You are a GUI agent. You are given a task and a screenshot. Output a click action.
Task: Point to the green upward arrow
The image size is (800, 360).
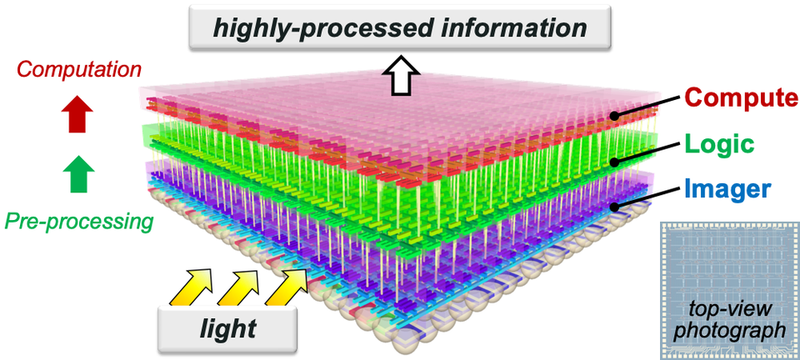point(79,173)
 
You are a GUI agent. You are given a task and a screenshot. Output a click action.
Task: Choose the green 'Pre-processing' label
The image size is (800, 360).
point(79,222)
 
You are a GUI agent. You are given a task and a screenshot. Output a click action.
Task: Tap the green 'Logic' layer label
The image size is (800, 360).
point(720,144)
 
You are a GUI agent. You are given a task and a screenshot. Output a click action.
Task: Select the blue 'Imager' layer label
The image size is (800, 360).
point(728,188)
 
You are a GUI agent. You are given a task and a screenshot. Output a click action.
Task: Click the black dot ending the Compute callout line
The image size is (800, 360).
point(616,116)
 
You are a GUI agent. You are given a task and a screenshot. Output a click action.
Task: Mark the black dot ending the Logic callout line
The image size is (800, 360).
point(616,162)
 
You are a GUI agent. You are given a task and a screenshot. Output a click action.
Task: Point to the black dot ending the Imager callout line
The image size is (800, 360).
point(616,207)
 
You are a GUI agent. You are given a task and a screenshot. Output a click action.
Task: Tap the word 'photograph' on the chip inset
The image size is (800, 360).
point(729,330)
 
